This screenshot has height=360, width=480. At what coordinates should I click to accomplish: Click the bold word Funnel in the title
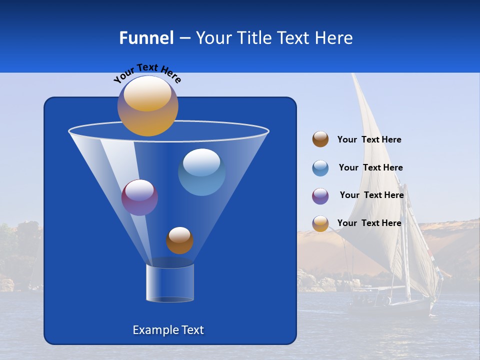coord(146,38)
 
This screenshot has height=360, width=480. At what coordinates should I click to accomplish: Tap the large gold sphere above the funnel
coord(147,105)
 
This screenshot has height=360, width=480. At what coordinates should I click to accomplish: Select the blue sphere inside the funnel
coord(201,171)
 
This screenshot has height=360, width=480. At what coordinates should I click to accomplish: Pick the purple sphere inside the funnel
coord(139,197)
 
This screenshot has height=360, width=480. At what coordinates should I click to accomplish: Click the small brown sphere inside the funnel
coord(179,240)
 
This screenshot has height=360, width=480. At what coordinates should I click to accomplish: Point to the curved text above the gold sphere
coord(147,72)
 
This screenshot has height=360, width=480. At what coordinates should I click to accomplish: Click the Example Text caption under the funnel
coord(168,330)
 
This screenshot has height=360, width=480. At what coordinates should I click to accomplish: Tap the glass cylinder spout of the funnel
coord(169,283)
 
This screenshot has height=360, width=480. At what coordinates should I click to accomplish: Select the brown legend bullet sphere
coord(320,139)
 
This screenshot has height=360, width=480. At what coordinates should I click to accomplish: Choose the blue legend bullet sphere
coord(320,168)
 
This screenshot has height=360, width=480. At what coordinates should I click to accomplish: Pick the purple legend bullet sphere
coord(320,196)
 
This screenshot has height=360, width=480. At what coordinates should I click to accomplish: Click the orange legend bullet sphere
coord(320,223)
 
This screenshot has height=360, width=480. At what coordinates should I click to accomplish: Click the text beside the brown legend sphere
coord(369,140)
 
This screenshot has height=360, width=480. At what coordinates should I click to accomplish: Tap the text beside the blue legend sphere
coord(370,167)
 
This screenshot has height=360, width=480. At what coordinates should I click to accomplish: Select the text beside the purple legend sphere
coord(371,195)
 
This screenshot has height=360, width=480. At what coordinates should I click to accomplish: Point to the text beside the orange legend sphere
coord(369,223)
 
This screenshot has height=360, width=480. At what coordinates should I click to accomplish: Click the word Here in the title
coord(334,38)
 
